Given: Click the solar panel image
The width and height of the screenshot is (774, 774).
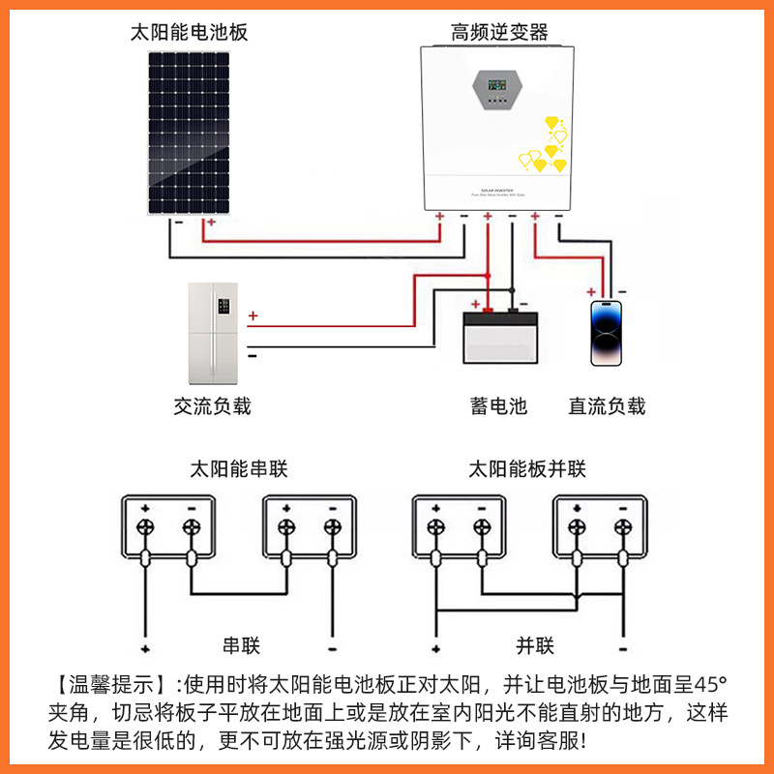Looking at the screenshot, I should tap(189, 133).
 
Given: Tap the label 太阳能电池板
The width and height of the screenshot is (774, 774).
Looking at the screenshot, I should tap(190, 32).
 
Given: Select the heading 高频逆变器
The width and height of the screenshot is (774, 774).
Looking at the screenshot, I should tap(499, 32).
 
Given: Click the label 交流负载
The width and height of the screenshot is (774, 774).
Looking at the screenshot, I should tap(212, 406).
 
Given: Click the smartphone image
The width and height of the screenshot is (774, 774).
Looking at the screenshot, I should tap(606, 332).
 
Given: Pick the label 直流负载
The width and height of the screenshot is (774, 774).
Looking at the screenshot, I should tap(607, 406).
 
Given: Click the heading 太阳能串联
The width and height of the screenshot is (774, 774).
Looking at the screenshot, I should tap(239, 470).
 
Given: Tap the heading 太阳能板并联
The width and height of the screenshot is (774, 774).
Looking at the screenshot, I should tap(527, 470).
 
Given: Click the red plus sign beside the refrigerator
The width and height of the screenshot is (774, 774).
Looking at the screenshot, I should tap(253, 316).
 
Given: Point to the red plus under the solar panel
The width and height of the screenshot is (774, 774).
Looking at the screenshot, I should tap(211, 223).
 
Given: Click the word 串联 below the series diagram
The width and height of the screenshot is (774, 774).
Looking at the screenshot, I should tap(242, 646).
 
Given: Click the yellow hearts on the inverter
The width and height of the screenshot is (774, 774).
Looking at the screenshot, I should tap(545, 145).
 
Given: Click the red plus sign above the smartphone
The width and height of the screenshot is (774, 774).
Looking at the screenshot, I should tap(591, 291).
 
